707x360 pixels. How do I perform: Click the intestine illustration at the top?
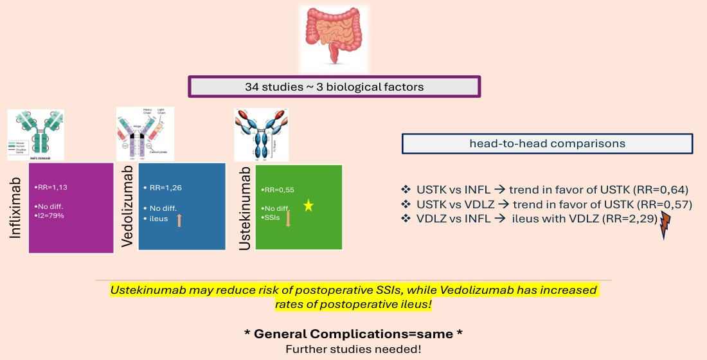tap(334, 38)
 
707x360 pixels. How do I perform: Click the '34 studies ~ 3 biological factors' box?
tap(334, 87)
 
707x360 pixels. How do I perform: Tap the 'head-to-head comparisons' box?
tap(547, 143)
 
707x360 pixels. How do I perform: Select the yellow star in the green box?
tap(309, 206)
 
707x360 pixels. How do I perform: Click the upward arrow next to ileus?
tap(179, 219)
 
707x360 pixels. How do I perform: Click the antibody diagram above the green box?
tap(261, 135)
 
